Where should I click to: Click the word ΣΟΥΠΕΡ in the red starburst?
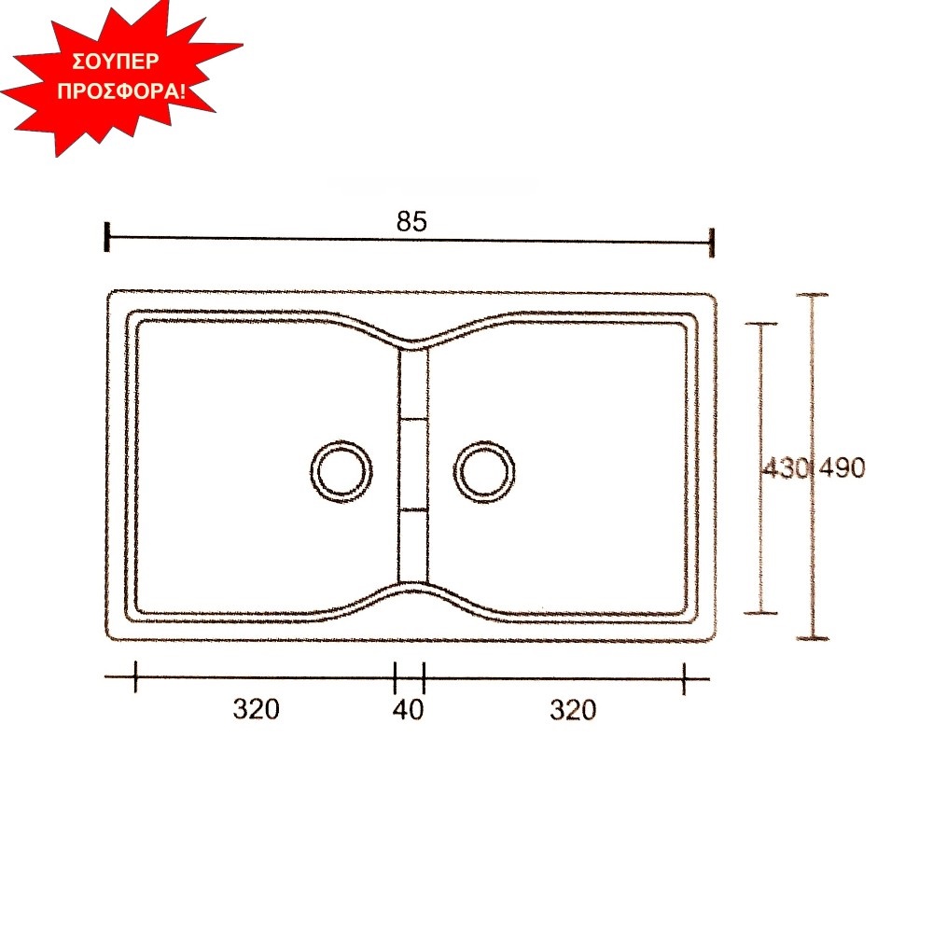click(116, 62)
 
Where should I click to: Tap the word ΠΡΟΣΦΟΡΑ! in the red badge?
click(121, 91)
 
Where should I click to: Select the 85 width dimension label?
click(411, 221)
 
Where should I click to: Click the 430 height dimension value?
click(785, 468)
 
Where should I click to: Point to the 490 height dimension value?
click(842, 468)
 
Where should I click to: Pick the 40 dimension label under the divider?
click(409, 709)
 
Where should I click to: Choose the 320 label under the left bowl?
click(256, 709)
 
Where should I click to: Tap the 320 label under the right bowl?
click(573, 710)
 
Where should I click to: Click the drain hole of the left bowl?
click(341, 471)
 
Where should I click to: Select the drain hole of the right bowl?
click(484, 471)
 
